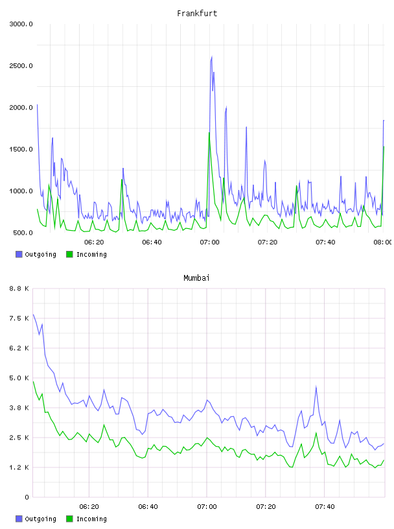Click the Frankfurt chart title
pos(197,14)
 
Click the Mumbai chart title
pos(196,278)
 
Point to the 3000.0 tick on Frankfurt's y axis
pos(21,24)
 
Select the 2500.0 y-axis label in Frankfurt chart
pos(21,65)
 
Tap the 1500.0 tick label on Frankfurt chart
pos(21,150)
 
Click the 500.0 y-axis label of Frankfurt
pos(23,233)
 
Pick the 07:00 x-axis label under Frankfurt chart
pos(209,242)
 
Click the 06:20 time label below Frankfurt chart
pos(94,242)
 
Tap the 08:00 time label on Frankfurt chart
pos(383,242)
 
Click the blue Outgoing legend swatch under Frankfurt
pos(19,254)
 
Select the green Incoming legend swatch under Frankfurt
pos(69,254)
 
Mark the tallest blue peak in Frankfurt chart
pos(212,56)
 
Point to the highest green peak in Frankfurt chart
pos(209,133)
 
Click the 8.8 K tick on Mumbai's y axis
pos(19,288)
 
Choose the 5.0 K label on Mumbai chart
pos(19,378)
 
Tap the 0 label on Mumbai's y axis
pos(27,497)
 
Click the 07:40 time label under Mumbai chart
pos(325,507)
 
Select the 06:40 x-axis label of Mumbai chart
pos(148,507)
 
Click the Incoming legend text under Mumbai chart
pos(91,519)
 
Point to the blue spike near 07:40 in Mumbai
pos(316,386)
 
